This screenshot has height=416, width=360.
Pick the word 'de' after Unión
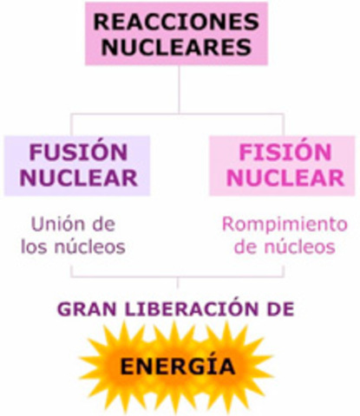[104, 224]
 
